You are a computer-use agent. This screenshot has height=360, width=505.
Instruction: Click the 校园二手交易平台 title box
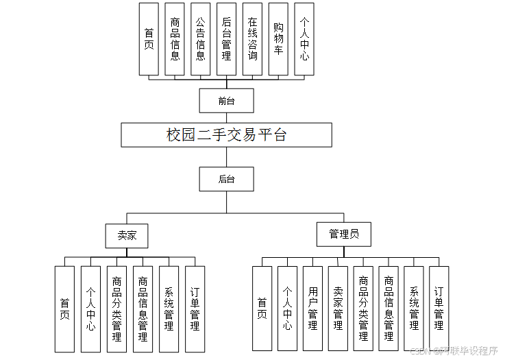pos(226,134)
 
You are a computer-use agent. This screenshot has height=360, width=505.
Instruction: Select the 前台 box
pos(226,100)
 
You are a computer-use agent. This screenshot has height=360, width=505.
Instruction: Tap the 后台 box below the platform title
pos(226,179)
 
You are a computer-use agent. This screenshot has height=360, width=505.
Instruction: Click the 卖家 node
pos(127,235)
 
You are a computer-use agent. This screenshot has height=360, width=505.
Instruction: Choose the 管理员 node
pos(343,234)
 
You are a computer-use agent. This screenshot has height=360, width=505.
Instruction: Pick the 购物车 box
pos(278,39)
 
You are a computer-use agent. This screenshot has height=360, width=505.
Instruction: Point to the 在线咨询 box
pos(252,39)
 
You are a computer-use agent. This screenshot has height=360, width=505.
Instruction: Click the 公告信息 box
pos(200,39)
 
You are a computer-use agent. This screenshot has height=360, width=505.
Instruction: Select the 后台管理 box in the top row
pos(226,39)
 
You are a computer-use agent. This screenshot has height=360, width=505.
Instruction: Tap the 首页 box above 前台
pos(149,39)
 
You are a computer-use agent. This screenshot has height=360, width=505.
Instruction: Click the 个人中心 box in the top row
pos(304,39)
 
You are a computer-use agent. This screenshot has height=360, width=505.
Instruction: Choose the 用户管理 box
pos(312,309)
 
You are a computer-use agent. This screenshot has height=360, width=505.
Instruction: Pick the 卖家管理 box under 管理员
pos(338,309)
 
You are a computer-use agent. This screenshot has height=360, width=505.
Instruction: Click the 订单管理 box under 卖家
pos(195,309)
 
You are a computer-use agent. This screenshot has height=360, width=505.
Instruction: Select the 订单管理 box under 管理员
pos(439,309)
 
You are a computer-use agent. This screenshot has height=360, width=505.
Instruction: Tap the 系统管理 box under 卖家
pos(169,309)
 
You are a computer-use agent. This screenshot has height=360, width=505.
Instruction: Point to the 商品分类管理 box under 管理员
pos(363,309)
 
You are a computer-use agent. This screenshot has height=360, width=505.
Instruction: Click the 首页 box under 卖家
pos(64,309)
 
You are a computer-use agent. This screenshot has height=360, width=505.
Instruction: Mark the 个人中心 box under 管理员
pos(287,309)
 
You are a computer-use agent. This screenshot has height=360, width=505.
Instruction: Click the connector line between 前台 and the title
pos(226,117)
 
